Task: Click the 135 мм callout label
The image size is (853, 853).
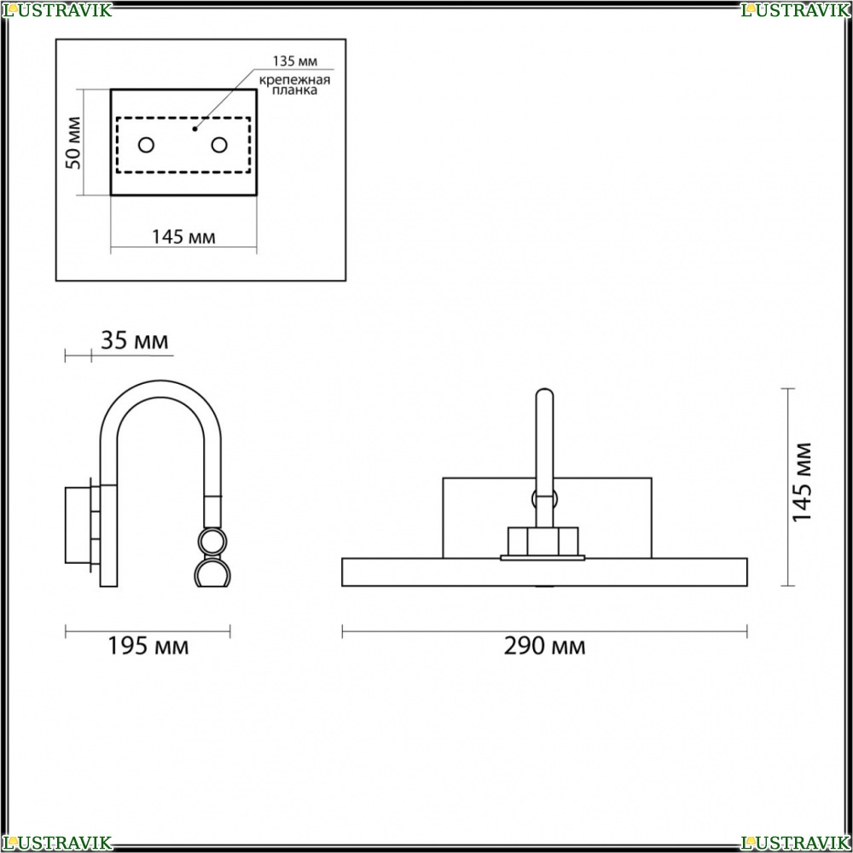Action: pyautogui.click(x=295, y=61)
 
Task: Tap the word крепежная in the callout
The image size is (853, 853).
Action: pyautogui.click(x=294, y=80)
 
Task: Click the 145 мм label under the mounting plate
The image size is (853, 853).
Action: pyautogui.click(x=183, y=237)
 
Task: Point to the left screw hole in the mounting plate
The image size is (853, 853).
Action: pyautogui.click(x=147, y=145)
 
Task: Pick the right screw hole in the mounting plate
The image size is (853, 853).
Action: pyautogui.click(x=219, y=145)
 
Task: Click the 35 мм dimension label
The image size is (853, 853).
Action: pyautogui.click(x=135, y=340)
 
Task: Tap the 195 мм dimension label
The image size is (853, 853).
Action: pyautogui.click(x=148, y=646)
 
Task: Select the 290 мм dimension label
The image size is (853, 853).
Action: pyautogui.click(x=544, y=646)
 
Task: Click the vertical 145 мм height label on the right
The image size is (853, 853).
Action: pyautogui.click(x=802, y=483)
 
